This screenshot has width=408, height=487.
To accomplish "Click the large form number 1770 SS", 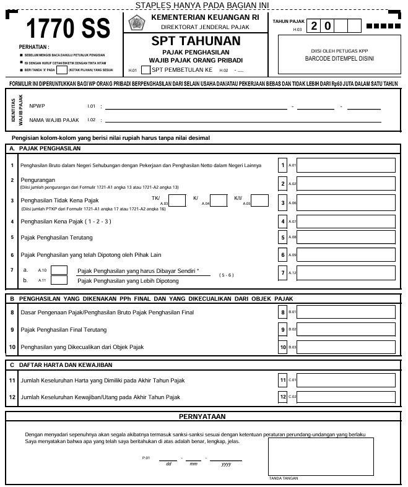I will (x=67, y=29).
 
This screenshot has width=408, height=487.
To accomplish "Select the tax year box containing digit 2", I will (x=315, y=26).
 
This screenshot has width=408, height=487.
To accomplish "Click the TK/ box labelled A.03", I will (x=178, y=200).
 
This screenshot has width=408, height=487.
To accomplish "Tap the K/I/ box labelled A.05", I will (x=259, y=200).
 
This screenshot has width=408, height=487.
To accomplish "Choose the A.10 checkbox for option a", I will (x=59, y=270).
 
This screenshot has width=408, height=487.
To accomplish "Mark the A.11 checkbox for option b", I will (x=59, y=280).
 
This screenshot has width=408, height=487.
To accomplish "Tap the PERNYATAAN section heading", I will (x=202, y=416).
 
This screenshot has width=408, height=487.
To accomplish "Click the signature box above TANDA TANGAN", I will (x=320, y=456).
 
